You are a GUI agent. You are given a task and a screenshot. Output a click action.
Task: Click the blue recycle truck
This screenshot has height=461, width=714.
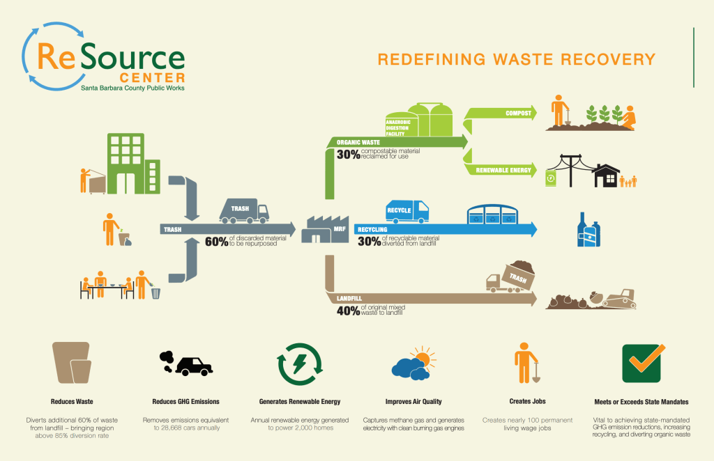point(407,210)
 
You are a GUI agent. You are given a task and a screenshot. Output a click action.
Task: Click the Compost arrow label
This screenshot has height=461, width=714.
point(519,113)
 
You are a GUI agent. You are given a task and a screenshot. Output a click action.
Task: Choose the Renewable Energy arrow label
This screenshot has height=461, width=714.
point(503,170)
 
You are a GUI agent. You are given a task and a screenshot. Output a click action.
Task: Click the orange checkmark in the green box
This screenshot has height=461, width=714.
point(641,363)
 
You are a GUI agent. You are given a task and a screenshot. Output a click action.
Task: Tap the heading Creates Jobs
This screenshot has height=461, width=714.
point(528,402)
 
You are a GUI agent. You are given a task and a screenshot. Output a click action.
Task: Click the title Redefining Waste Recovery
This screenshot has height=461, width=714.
point(517,59)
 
